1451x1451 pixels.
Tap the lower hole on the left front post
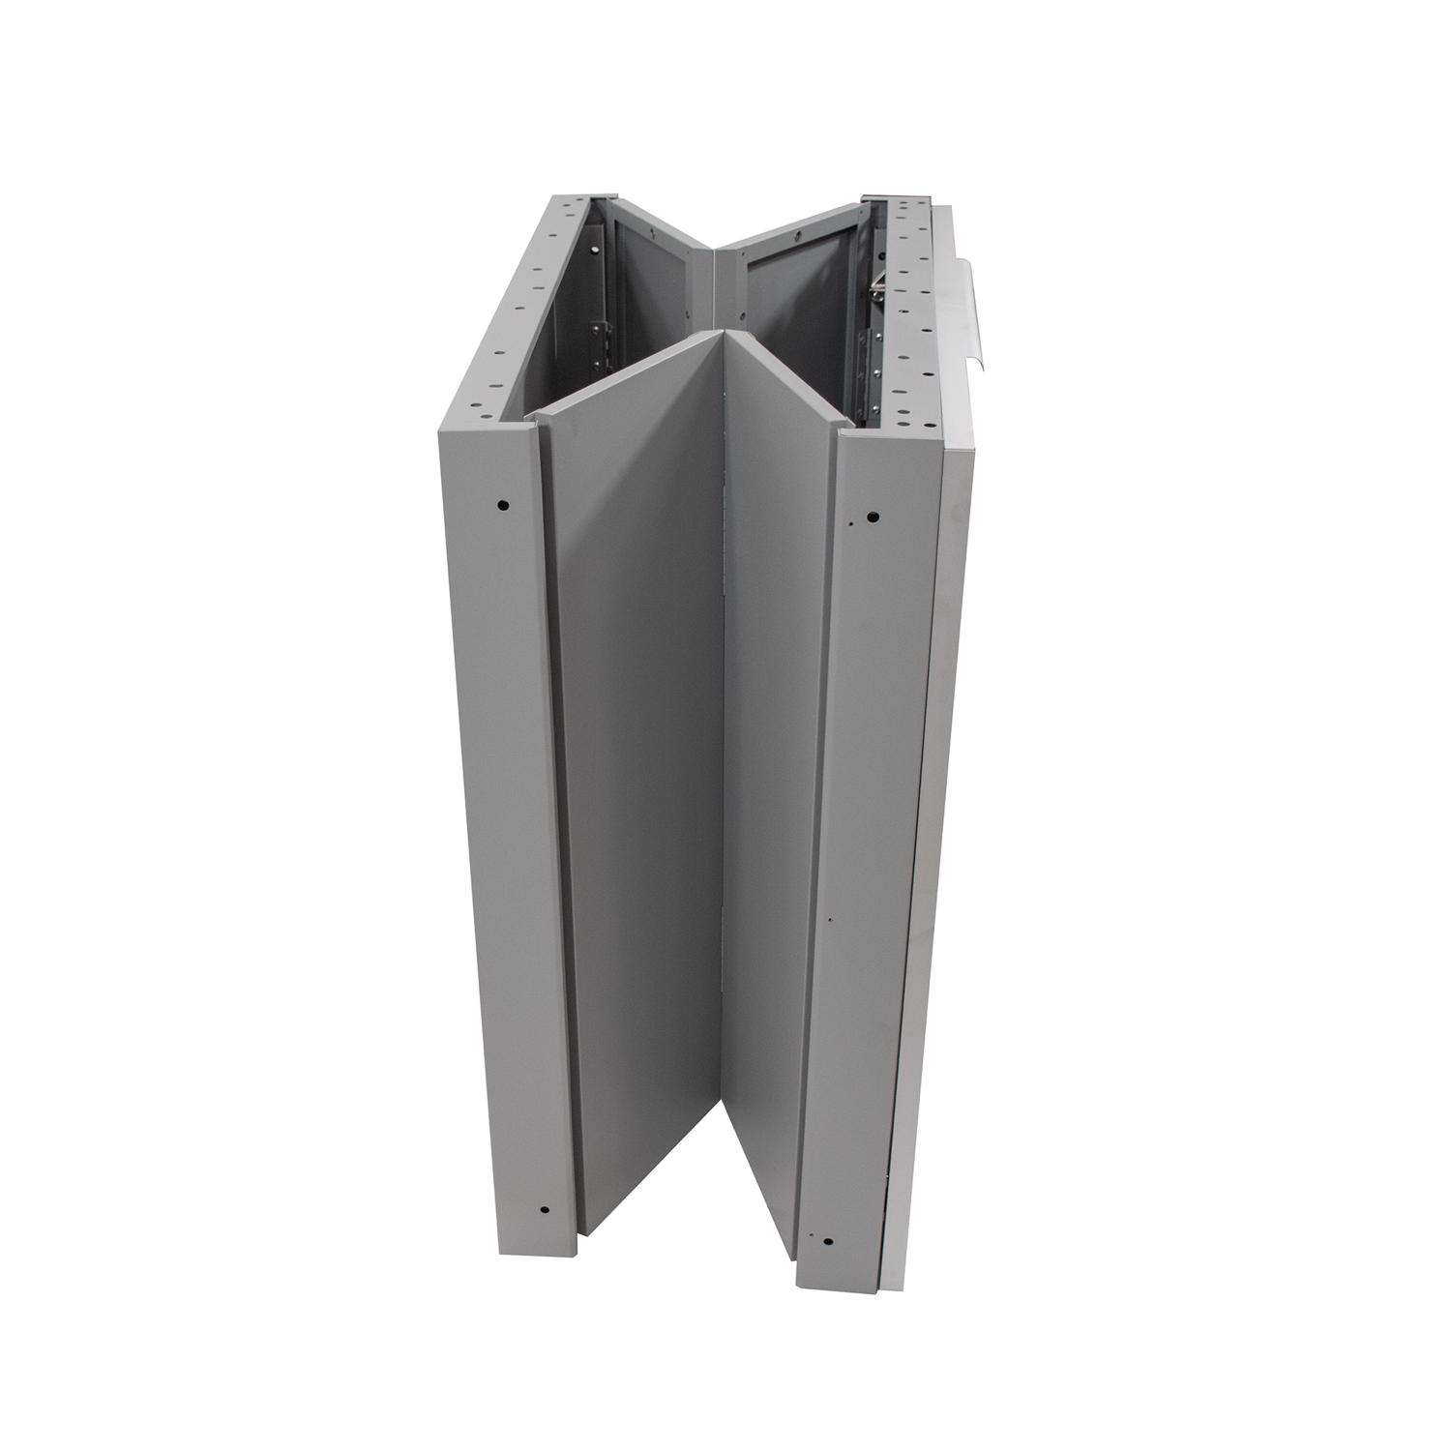click(x=544, y=1208)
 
